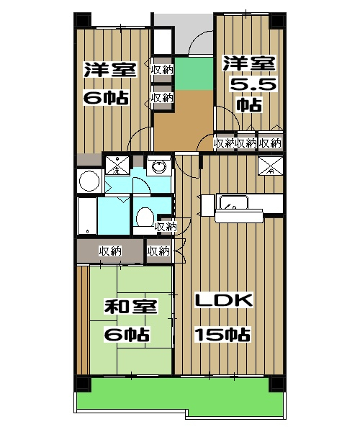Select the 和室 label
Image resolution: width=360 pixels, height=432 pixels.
127,307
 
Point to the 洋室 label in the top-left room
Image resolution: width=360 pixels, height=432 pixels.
105,70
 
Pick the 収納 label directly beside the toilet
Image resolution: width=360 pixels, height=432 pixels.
165,227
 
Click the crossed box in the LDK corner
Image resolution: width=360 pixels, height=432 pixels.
270,166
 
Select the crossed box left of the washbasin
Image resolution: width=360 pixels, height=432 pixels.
116,166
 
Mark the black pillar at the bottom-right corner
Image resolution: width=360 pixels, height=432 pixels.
276,384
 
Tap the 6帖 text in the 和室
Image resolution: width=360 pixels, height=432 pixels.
127,334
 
